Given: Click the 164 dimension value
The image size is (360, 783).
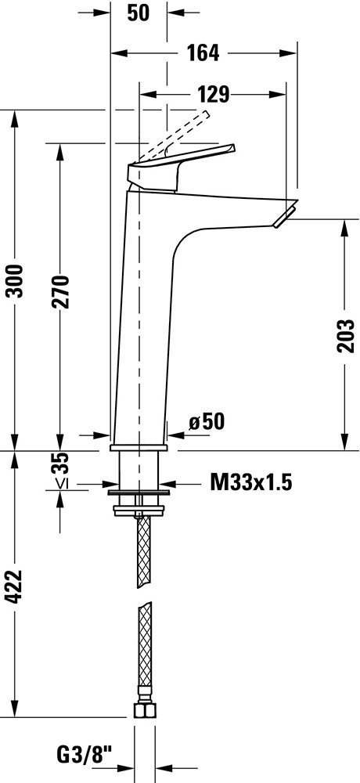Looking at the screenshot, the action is (203, 52).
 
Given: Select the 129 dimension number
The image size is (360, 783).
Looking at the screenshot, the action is (213, 94).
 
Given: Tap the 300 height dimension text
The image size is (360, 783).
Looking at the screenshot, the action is (16, 280).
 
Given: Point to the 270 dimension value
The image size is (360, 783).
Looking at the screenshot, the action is (60, 291).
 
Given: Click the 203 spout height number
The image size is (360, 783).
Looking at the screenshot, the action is (345, 336).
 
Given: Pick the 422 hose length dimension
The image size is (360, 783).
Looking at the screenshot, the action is (16, 586).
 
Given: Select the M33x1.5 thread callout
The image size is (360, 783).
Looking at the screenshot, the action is (250, 483).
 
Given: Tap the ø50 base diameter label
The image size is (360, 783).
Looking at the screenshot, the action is (206, 423).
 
